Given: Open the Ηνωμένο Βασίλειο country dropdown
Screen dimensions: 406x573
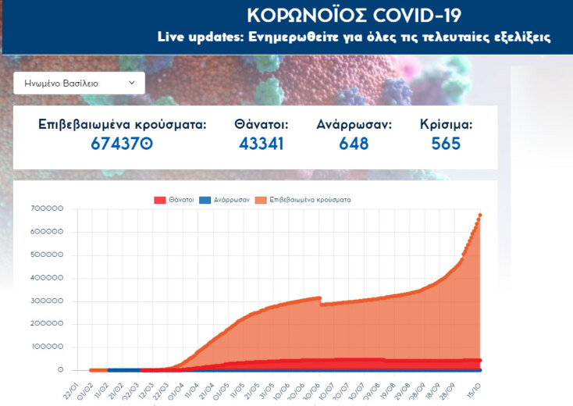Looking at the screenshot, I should point(78,83).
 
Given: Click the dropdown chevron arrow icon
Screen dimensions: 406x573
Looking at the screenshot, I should point(131,82).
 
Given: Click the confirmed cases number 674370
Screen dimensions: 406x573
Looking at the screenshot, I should point(122,144).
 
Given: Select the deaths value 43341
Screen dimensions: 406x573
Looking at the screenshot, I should point(262,144).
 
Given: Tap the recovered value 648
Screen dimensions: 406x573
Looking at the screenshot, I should point(354,144).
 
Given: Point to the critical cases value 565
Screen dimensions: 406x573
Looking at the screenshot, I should point(446,144).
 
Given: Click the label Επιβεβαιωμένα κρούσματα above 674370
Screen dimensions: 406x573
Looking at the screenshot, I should point(122,124).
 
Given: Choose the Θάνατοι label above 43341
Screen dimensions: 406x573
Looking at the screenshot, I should point(262,124).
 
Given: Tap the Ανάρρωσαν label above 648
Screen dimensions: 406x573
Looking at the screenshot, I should point(354,124).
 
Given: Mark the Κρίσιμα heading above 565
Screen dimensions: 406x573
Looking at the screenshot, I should point(446,124).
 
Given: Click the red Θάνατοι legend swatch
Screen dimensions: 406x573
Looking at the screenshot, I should point(160,200).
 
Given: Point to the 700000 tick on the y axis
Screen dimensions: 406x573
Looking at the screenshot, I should point(48,209).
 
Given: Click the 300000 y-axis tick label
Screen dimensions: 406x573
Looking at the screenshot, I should point(48,301).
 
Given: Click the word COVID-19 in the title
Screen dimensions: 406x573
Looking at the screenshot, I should point(415,16).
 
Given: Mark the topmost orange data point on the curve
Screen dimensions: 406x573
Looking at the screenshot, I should point(480,215).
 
